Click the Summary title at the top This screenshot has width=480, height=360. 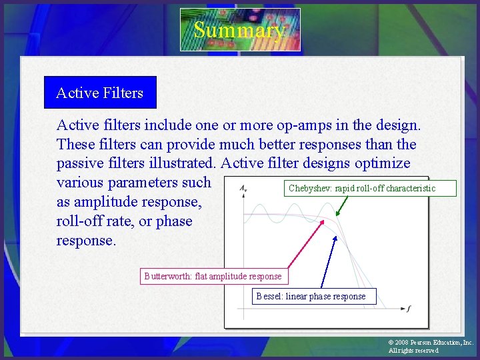(x=240, y=30)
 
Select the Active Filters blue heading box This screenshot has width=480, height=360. (x=100, y=93)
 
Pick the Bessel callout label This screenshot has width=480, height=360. (x=314, y=296)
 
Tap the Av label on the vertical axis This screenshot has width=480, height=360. (x=244, y=189)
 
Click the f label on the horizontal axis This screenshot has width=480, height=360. (x=408, y=309)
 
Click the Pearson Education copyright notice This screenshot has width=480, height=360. (x=430, y=346)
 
